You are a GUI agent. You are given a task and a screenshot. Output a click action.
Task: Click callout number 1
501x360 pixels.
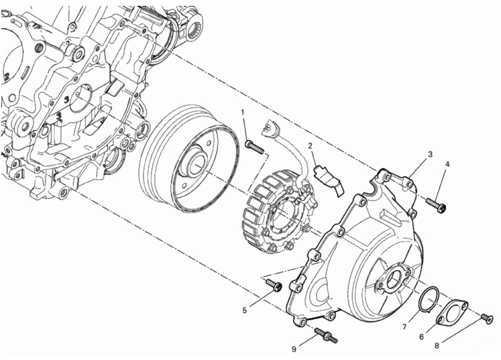(242, 112)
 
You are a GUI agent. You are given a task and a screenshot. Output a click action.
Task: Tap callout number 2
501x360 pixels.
(310, 146)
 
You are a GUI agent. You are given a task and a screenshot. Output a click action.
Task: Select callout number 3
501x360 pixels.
(430, 154)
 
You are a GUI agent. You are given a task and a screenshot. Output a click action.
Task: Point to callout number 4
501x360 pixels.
(447, 164)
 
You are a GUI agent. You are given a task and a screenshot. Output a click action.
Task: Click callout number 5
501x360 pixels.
(244, 310)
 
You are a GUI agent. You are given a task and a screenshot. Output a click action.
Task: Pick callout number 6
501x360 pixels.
(421, 337)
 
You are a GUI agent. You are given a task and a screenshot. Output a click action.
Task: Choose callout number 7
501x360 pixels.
(404, 327)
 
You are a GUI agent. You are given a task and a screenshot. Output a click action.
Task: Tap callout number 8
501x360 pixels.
(437, 345)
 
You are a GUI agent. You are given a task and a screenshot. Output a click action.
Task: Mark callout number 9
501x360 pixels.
(294, 349)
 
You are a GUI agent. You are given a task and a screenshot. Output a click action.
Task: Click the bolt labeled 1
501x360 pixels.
(255, 146)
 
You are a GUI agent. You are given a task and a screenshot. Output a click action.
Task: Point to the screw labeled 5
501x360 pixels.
(274, 284)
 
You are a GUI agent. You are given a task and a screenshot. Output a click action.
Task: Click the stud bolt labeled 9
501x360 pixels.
(326, 336)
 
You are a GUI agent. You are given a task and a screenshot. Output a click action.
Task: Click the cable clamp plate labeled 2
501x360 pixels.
(329, 179)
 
